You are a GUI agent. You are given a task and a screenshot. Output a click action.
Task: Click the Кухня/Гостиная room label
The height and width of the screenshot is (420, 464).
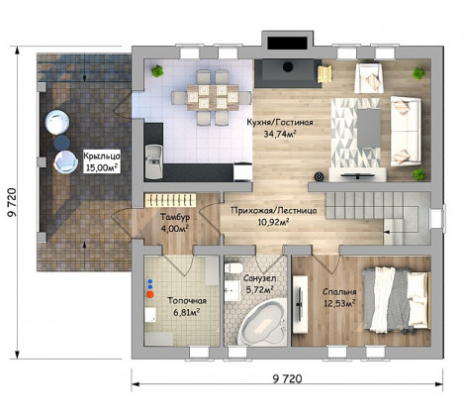(x=280, y=123)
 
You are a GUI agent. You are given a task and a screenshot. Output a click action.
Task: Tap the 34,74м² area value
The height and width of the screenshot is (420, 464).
(x=279, y=134)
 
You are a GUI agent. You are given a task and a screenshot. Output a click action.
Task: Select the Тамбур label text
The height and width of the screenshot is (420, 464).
(x=175, y=217)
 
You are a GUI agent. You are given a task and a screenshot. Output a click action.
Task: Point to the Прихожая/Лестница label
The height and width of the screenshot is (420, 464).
(x=274, y=210)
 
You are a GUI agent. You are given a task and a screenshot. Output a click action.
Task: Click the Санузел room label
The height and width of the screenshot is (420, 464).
(x=260, y=278)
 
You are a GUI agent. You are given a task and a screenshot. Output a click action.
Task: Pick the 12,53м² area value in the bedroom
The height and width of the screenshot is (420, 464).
(x=339, y=303)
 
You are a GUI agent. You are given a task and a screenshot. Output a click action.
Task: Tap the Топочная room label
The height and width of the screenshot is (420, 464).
(x=187, y=301)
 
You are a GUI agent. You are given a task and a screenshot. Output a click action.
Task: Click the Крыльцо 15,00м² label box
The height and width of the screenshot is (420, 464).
(x=102, y=161)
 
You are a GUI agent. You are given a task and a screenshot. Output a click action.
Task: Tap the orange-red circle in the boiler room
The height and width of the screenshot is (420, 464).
(x=150, y=294)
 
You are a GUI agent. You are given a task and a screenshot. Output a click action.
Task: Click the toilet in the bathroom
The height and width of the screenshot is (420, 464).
(x=233, y=267)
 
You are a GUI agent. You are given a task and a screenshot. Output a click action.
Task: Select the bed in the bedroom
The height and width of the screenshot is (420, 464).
(x=396, y=300)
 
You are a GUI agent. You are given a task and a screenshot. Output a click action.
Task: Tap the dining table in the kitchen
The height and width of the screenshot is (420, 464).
(x=213, y=97)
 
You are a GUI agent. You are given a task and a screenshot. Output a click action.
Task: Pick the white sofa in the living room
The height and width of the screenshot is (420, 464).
(x=406, y=131)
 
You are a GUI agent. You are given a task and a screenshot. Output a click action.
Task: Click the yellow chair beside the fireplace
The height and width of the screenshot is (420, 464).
(x=325, y=74)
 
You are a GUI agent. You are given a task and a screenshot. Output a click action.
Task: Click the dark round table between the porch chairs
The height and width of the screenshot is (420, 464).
(x=61, y=143)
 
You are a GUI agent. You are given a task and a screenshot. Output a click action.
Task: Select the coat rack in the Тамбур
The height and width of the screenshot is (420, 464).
(x=170, y=200)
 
